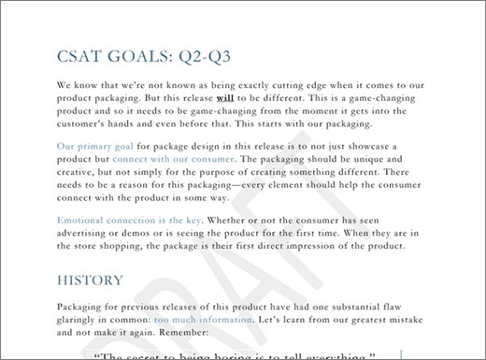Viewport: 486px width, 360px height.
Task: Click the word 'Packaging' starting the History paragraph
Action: (x=82, y=306)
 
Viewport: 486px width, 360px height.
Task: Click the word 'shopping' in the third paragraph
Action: (x=151, y=246)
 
